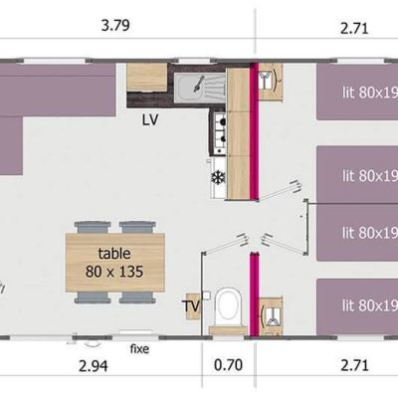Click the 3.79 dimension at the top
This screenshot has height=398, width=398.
coord(115,26)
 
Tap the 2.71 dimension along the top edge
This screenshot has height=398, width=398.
coord(354,29)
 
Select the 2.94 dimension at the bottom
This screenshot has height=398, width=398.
coord(94,366)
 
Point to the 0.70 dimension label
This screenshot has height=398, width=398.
coord(228,365)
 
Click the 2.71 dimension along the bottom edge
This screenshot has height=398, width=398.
coord(354,365)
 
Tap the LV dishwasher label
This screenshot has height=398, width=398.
coord(150,120)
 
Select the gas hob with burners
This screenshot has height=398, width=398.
coord(220,133)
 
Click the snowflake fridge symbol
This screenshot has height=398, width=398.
coord(218,178)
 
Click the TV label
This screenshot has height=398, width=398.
coord(192,306)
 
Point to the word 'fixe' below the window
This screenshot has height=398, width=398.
coord(139,348)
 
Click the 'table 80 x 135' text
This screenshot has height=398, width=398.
coord(114,263)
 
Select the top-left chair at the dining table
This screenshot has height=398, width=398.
coord(93,228)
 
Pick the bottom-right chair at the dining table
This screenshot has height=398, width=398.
coord(137,298)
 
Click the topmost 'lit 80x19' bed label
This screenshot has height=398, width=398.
coord(370,93)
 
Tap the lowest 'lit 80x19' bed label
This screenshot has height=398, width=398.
coord(370,305)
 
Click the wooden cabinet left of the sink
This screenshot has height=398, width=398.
coord(147,78)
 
